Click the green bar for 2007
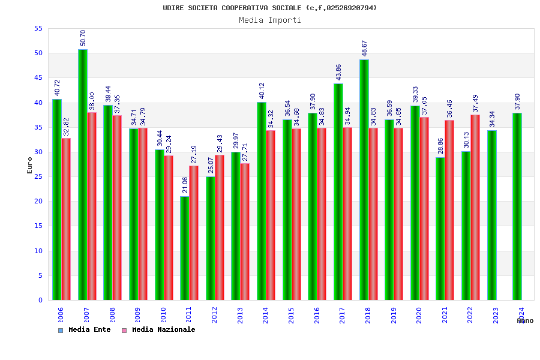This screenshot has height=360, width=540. (x=83, y=175)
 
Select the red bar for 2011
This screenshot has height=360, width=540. (x=194, y=233)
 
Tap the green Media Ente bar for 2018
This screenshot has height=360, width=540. (x=364, y=180)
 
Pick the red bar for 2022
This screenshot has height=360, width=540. (x=475, y=207)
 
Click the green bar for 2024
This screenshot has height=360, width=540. (x=517, y=206)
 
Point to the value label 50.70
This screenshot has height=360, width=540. (x=83, y=38)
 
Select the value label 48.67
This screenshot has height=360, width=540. (x=364, y=48)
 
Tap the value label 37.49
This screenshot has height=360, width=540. (x=475, y=103)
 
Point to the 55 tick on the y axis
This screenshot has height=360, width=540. (x=38, y=28)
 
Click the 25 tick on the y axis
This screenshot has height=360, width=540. (x=38, y=176)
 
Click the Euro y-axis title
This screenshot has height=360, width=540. (x=30, y=165)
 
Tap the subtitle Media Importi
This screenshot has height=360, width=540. (x=270, y=20)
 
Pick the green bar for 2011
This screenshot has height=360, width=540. (x=185, y=248)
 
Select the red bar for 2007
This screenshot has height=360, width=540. (x=92, y=206)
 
